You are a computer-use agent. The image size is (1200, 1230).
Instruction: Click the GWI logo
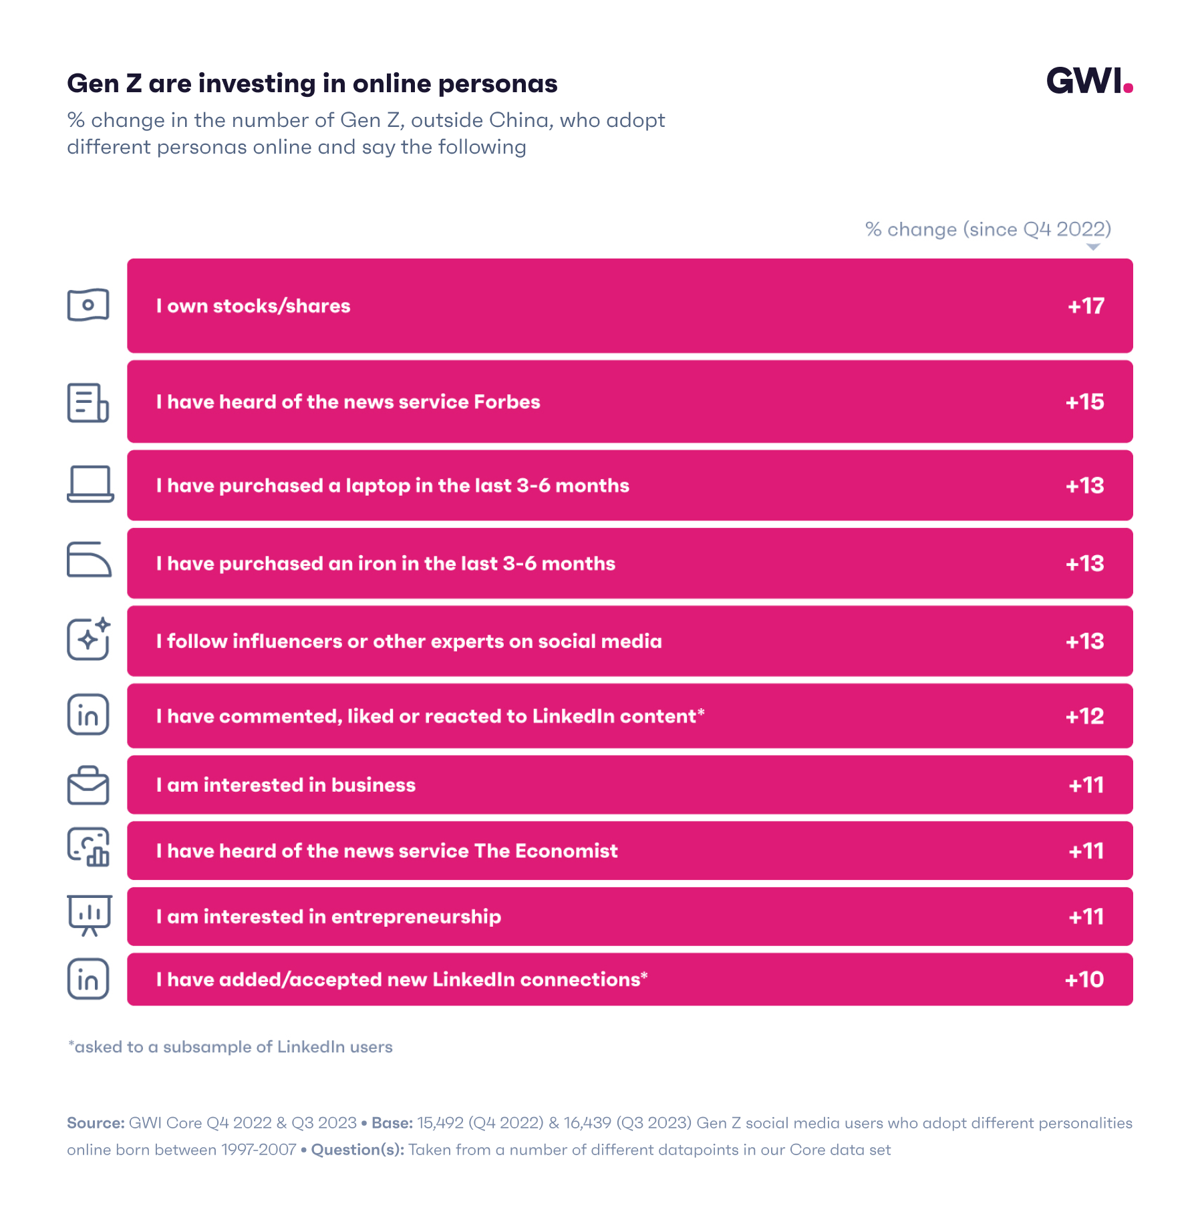click(x=1088, y=82)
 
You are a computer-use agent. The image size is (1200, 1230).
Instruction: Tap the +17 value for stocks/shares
click(x=1086, y=306)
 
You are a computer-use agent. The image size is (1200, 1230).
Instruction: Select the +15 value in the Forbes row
click(x=1084, y=402)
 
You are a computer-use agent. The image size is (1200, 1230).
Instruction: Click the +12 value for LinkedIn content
click(x=1084, y=716)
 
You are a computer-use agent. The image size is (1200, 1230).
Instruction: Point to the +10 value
click(x=1084, y=979)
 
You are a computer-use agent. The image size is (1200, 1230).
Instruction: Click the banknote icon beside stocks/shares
click(x=88, y=305)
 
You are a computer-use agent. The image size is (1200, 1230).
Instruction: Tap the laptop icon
click(x=90, y=484)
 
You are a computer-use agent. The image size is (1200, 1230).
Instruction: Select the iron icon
click(x=89, y=559)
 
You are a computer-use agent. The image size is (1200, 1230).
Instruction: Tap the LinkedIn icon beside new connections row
click(x=88, y=979)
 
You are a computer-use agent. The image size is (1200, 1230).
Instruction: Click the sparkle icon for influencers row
click(x=89, y=639)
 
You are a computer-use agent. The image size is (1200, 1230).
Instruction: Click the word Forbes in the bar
click(x=506, y=402)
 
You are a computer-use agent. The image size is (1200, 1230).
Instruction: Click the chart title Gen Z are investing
click(x=312, y=84)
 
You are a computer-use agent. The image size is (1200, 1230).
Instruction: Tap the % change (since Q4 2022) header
click(x=988, y=229)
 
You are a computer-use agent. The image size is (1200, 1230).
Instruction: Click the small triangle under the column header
click(x=1093, y=247)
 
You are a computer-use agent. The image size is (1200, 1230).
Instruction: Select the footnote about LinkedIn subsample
click(x=231, y=1047)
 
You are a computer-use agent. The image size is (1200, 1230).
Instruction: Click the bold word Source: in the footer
click(x=96, y=1123)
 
